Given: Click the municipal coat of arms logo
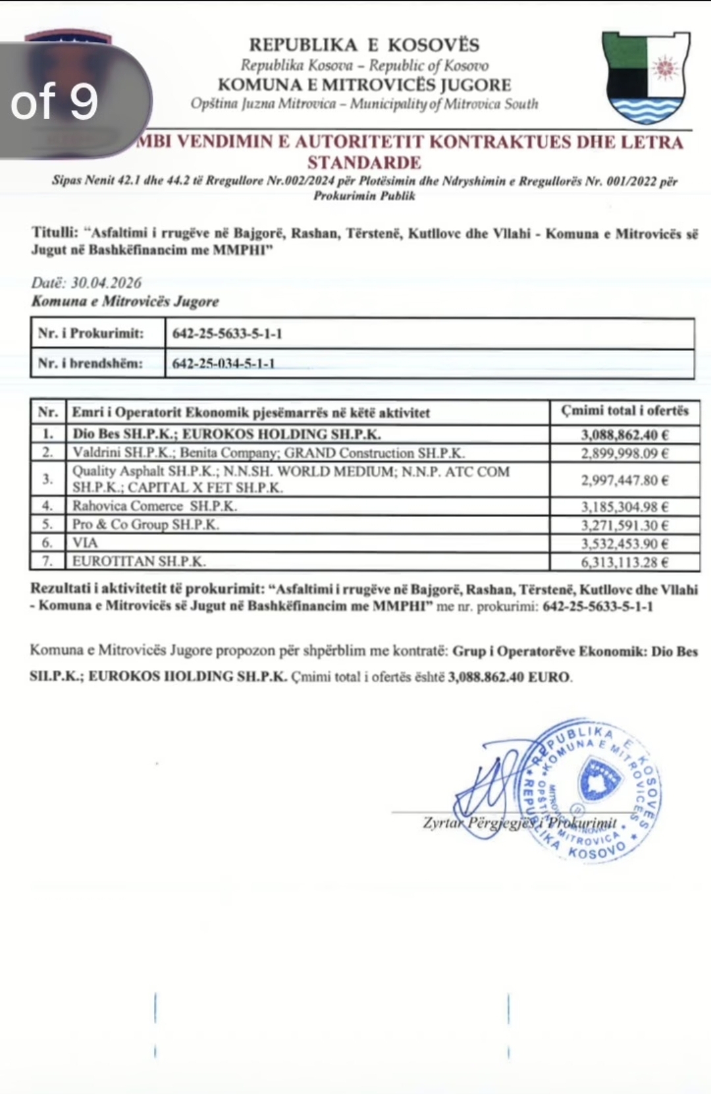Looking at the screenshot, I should point(646,77).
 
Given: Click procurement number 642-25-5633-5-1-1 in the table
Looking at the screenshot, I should point(227,333).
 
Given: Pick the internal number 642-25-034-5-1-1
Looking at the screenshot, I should point(223,363).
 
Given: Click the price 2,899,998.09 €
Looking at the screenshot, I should point(624,453).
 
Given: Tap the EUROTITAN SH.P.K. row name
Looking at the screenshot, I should point(139,562).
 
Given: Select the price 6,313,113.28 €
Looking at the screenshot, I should point(624,562).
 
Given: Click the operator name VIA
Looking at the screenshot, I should point(85,543).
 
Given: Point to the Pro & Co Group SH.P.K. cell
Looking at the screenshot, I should point(145,525).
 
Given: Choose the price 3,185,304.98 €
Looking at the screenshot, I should point(624,506).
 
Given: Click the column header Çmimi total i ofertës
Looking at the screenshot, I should point(624,411).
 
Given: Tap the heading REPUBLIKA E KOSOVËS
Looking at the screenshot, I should point(364,45).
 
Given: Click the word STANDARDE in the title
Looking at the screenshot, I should point(364,162).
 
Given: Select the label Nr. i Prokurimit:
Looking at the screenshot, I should point(91,333).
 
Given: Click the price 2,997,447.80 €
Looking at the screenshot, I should point(624,480).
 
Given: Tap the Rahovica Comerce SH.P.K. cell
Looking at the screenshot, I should point(155,506).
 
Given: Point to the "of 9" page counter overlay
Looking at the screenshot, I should point(55,101).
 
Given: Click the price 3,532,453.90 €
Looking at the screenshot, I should point(624,543).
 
